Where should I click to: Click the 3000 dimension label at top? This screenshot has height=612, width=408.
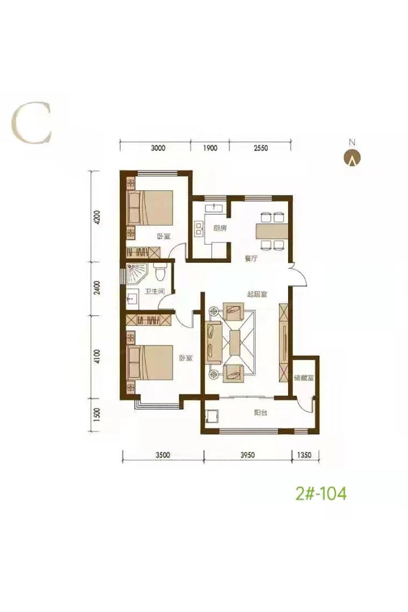(x=158, y=148)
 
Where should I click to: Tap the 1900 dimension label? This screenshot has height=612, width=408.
(x=210, y=148)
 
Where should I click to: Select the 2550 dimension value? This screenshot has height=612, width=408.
(x=261, y=148)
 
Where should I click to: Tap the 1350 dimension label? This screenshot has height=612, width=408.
(x=304, y=455)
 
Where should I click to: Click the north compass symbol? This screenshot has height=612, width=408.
(x=352, y=158)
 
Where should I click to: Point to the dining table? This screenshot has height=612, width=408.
(x=272, y=231)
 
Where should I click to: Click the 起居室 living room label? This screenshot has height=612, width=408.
(x=257, y=295)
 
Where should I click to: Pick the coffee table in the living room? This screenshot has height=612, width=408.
(x=235, y=343)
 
